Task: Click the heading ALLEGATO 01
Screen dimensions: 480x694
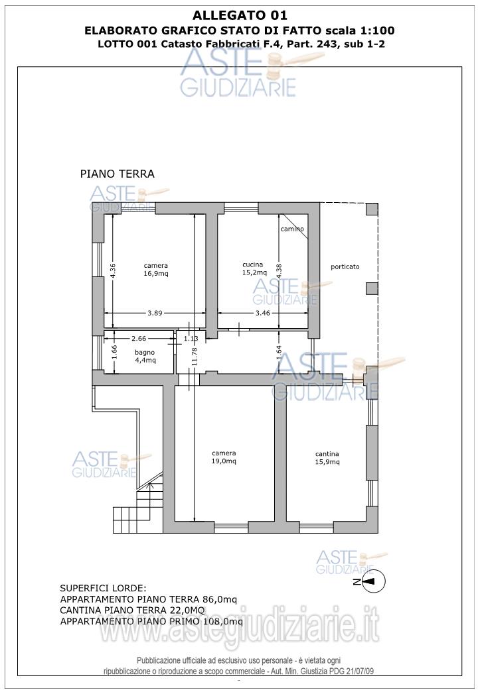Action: (240, 15)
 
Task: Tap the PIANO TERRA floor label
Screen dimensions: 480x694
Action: (118, 174)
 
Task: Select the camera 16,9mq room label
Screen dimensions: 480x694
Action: (156, 270)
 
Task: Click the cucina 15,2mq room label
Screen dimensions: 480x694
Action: (254, 268)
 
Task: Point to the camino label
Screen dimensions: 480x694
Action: (293, 229)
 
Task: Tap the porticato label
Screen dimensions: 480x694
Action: (345, 267)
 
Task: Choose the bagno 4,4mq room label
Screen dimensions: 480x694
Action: (145, 357)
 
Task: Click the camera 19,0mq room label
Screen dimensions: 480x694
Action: (224, 457)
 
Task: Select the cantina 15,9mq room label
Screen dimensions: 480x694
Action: (327, 458)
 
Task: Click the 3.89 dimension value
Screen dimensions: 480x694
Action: (155, 313)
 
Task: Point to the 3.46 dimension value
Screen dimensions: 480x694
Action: (263, 313)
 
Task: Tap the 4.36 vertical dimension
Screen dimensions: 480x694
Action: (113, 271)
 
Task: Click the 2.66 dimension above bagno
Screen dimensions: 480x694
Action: (139, 339)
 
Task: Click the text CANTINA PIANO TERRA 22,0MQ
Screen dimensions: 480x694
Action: (133, 610)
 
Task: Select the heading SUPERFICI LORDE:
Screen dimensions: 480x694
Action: (103, 589)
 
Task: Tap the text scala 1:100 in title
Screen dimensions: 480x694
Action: (360, 30)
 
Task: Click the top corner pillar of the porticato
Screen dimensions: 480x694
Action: (372, 209)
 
